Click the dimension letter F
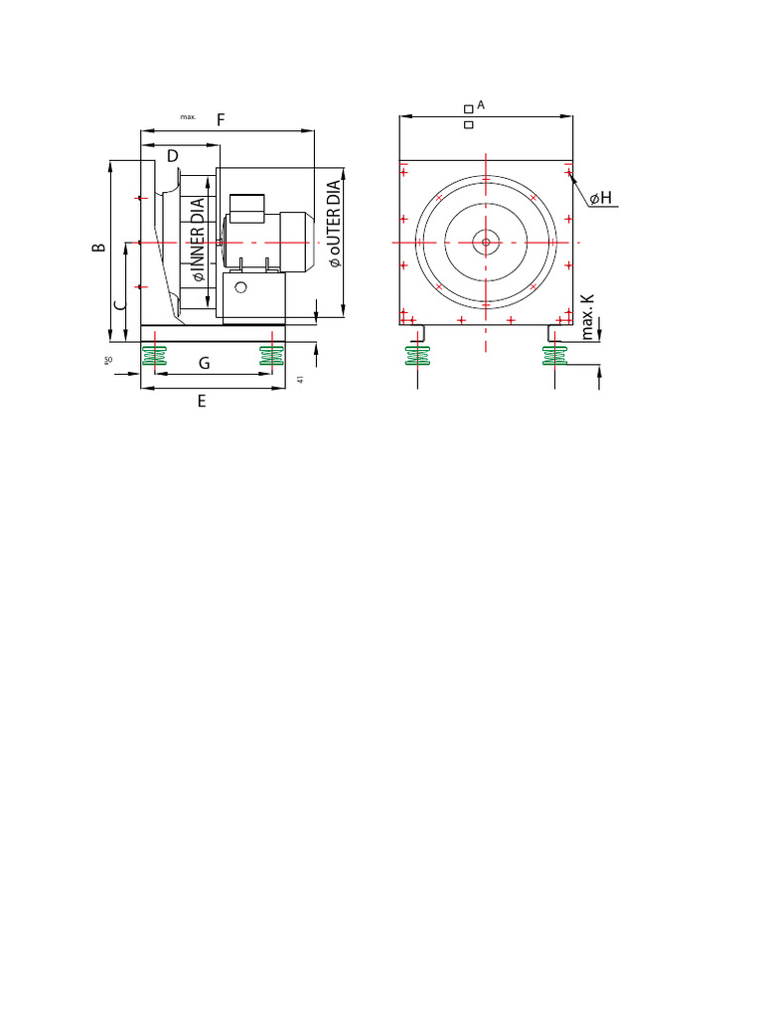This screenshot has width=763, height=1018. coord(221,119)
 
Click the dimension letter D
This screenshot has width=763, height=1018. coord(172,156)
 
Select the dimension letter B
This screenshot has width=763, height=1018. coord(98,247)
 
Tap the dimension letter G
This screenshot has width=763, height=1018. coord(204,364)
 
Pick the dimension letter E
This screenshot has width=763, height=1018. coord(202,402)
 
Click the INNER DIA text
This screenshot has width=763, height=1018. coord(198,240)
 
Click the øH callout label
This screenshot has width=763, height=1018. coord(600,199)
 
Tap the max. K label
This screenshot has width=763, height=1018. coord(588,316)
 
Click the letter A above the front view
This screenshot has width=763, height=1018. coord(481,104)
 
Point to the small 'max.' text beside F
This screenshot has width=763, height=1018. coord(188,117)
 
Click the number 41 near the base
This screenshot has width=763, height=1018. coord(299,380)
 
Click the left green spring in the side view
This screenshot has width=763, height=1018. coord(154,355)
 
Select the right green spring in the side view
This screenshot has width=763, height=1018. coord(271,355)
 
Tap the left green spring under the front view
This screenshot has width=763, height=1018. coord(418,355)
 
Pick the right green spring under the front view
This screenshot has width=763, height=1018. coord(555,355)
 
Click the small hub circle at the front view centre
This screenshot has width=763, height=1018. coord(486,242)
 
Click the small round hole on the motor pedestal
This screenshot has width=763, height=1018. coord(240,287)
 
